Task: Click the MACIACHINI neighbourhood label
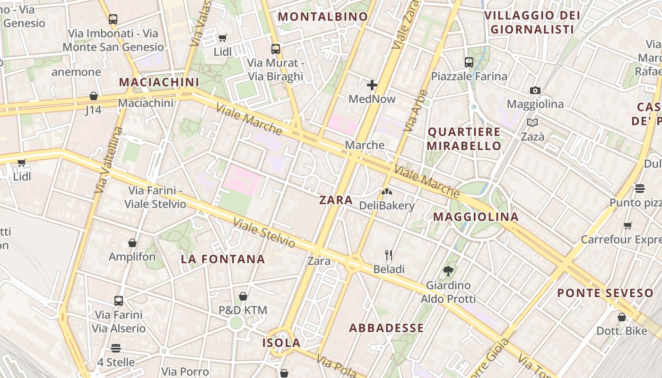(159, 82)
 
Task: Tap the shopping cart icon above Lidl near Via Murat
(222, 38)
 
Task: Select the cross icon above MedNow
(372, 85)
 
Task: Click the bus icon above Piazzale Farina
(469, 62)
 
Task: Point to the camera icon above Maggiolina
(535, 90)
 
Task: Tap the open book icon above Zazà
(532, 123)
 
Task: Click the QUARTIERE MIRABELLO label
(464, 139)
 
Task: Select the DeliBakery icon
(386, 192)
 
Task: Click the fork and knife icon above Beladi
(389, 255)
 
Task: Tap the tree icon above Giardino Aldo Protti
(448, 271)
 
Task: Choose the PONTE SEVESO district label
(605, 293)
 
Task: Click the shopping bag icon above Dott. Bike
(621, 317)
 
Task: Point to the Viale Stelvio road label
(264, 233)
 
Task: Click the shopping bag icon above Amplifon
(132, 243)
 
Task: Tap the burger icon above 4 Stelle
(116, 348)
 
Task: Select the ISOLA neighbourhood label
(281, 343)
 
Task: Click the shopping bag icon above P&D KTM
(243, 296)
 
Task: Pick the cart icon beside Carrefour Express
(627, 225)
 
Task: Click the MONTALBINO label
(322, 17)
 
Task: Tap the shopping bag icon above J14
(94, 96)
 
